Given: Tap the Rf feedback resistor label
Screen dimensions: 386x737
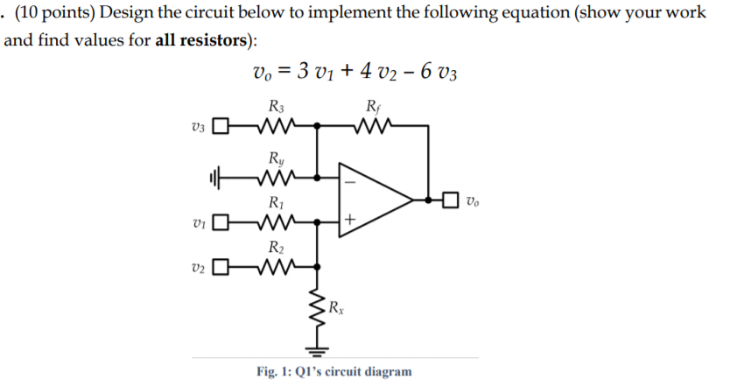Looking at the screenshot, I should [374, 108].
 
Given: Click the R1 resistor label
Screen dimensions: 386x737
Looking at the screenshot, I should [277, 203].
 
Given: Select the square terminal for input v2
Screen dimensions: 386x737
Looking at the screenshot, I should [221, 264].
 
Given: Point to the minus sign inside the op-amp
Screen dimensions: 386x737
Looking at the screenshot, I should [350, 184].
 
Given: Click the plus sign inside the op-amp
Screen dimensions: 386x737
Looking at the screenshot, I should [350, 221].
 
